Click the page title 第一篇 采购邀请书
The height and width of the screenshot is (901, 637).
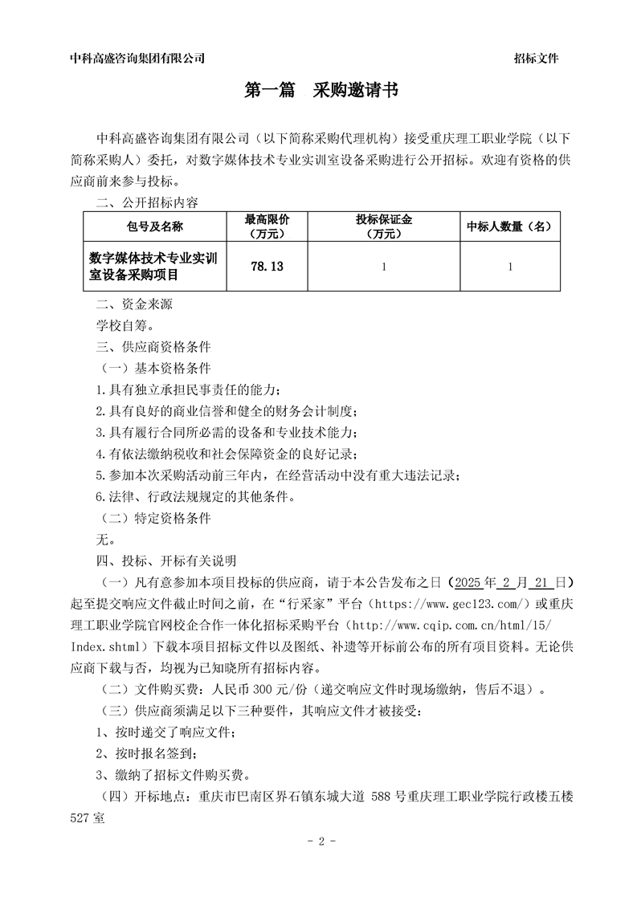(321, 92)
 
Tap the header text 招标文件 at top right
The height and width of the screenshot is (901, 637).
(536, 58)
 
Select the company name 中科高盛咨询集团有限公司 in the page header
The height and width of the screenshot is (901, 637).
(137, 58)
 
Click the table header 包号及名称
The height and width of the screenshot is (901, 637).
(155, 226)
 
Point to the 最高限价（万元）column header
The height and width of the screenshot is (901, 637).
(267, 226)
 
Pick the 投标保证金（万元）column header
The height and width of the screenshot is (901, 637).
(383, 226)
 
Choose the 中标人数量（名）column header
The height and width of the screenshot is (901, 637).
(510, 226)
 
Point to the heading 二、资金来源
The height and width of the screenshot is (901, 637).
(134, 305)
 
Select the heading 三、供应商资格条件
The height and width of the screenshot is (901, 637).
(153, 348)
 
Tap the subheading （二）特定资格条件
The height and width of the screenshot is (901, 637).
(153, 519)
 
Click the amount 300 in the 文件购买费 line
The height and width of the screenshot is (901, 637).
(263, 689)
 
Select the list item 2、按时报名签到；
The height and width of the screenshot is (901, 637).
(145, 753)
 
